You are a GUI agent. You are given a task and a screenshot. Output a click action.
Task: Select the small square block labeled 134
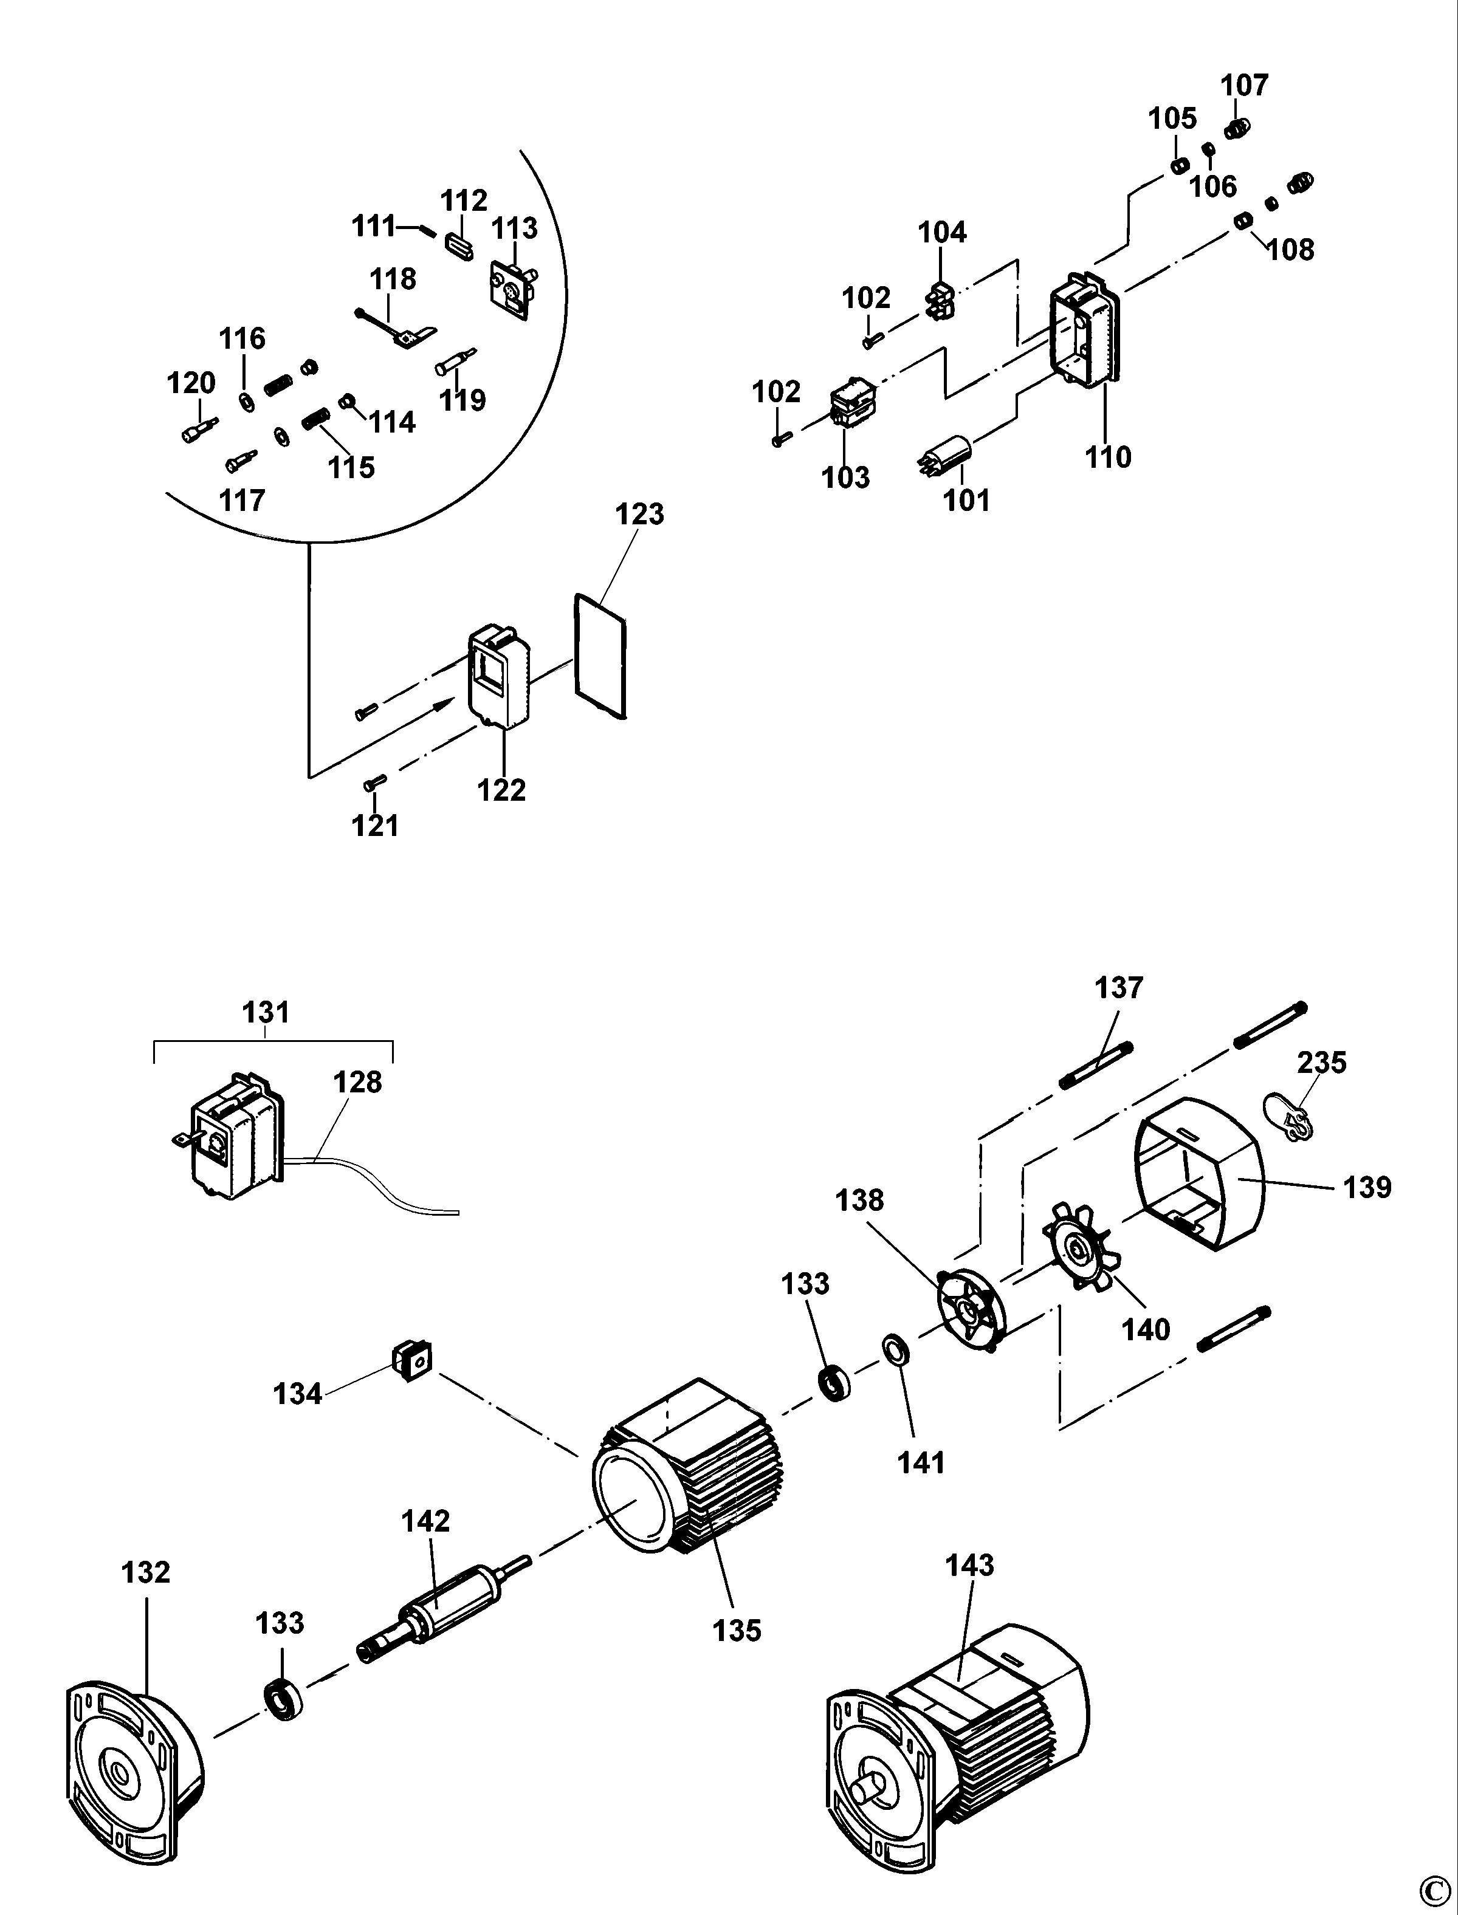413,1360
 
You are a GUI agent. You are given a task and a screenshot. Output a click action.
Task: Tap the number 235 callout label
1322,1062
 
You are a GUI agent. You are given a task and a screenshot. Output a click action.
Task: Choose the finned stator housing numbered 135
690,1475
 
